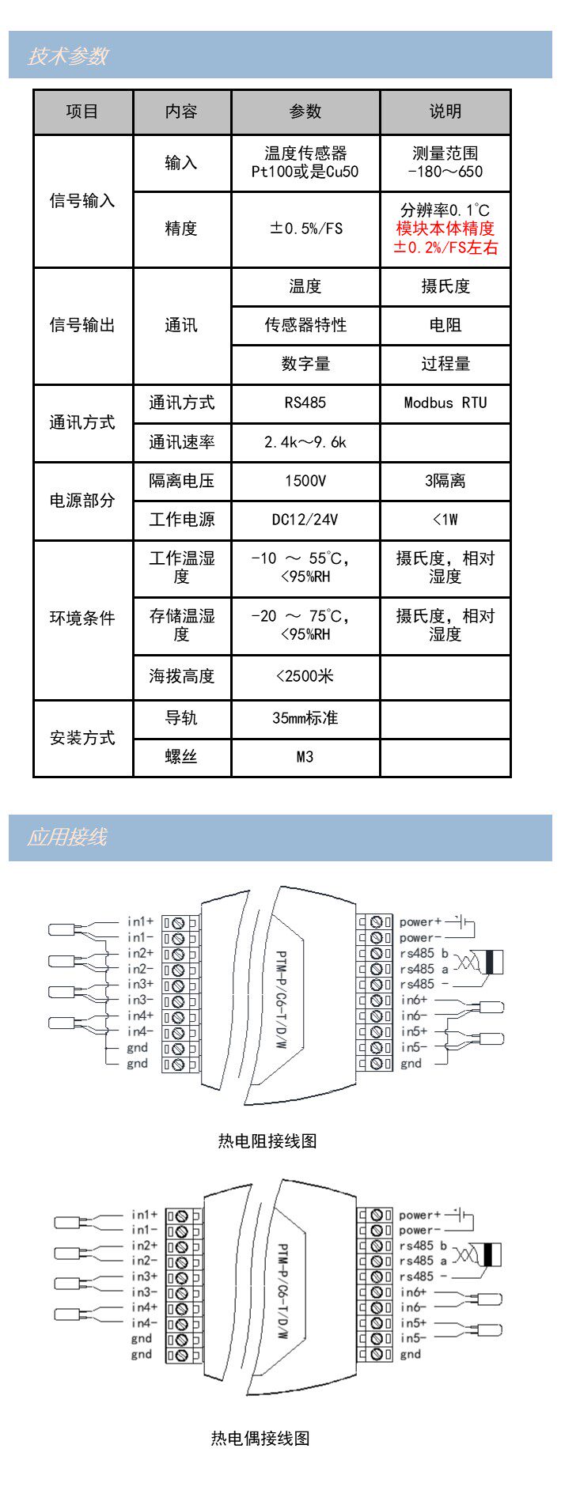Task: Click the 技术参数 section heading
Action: point(68,56)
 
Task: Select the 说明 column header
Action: point(445,112)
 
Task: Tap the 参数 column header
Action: point(305,112)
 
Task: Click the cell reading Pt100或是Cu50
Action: point(305,172)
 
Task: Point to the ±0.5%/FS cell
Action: point(305,229)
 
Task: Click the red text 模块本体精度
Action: point(445,229)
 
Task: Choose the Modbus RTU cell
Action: point(445,403)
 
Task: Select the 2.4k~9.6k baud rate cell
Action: point(305,442)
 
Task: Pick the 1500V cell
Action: point(305,481)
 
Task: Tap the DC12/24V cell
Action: point(305,520)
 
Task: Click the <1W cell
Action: point(445,520)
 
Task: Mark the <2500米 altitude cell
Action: point(305,676)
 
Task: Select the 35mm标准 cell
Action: point(305,718)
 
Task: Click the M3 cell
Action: point(305,757)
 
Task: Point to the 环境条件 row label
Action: point(82,618)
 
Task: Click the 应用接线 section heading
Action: point(67,837)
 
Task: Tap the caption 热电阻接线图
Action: point(267,1140)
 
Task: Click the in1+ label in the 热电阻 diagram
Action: point(141,921)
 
